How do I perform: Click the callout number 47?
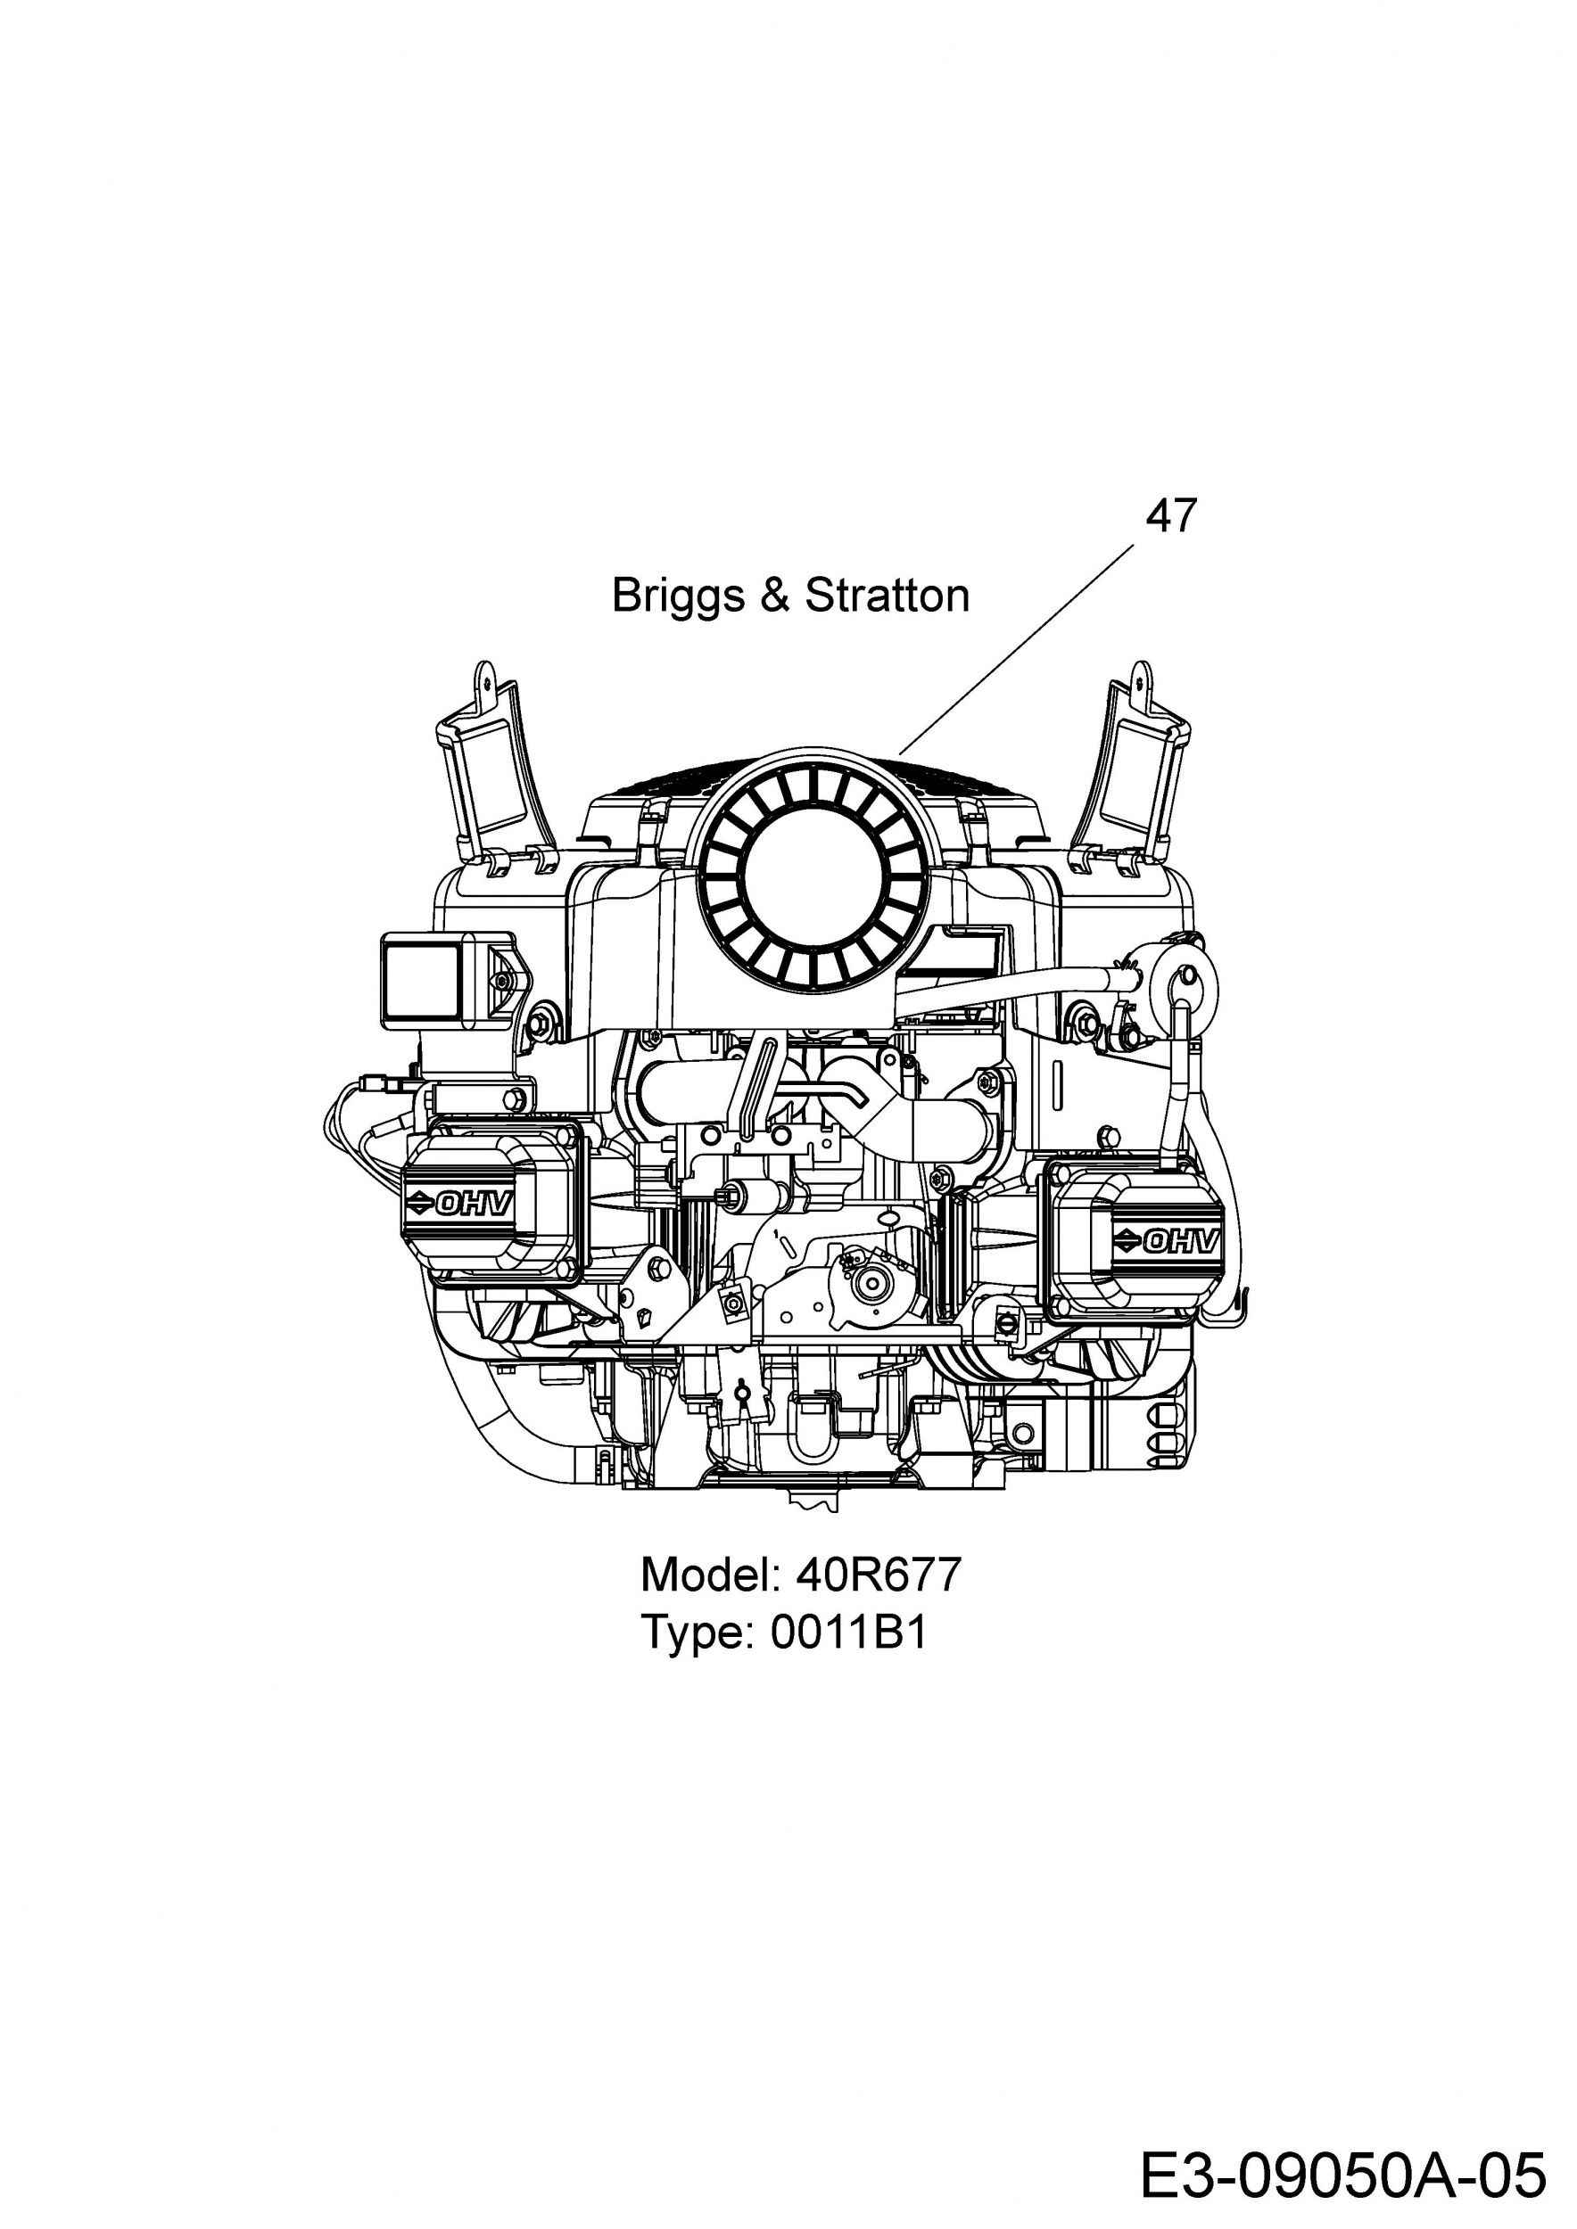point(1171,515)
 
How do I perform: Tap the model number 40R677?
point(878,1575)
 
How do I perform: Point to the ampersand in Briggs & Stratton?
point(775,595)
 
